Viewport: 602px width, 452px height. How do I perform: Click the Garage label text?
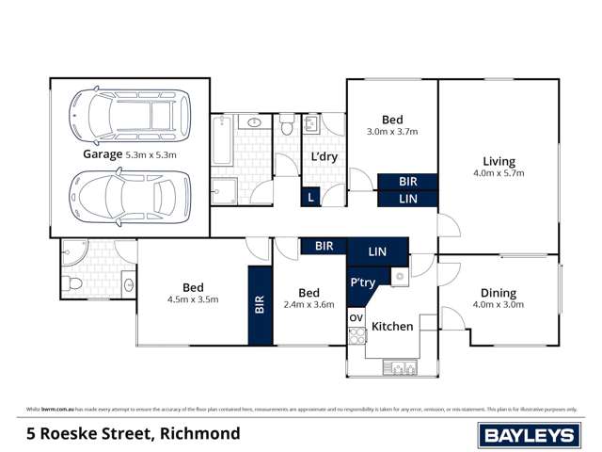pyautogui.click(x=103, y=153)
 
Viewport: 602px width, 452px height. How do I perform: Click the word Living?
pyautogui.click(x=499, y=160)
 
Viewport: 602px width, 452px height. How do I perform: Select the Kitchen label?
pyautogui.click(x=392, y=326)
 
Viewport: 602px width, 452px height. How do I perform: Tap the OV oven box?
pyautogui.click(x=356, y=318)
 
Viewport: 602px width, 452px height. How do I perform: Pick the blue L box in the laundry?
pyautogui.click(x=310, y=197)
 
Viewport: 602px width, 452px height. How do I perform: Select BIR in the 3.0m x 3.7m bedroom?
pyautogui.click(x=407, y=182)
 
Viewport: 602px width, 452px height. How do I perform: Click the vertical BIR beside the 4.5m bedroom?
pyautogui.click(x=260, y=305)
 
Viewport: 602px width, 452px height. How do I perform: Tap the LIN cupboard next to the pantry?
pyautogui.click(x=377, y=251)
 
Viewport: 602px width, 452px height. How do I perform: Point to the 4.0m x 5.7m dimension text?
pyautogui.click(x=499, y=173)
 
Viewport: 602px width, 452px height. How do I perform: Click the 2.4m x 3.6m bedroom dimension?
pyautogui.click(x=309, y=304)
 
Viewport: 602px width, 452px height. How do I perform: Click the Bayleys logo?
pyautogui.click(x=529, y=434)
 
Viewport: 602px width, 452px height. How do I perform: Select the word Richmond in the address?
pyautogui.click(x=200, y=434)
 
